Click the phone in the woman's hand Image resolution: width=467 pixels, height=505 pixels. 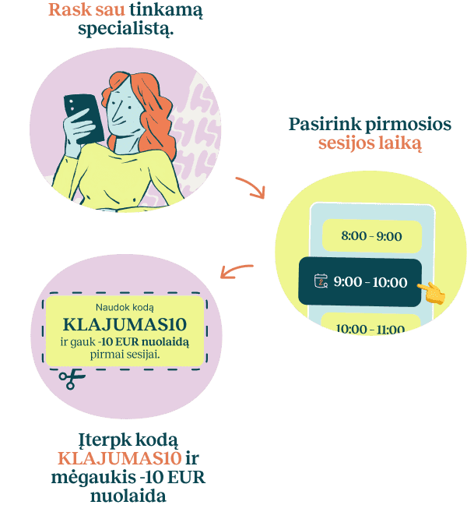click(x=83, y=118)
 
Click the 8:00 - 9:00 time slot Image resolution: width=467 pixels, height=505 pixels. click(x=372, y=236)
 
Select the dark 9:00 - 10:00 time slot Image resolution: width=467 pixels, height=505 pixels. click(x=360, y=282)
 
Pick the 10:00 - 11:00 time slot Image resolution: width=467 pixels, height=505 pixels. click(x=370, y=325)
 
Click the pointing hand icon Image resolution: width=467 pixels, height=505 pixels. click(x=432, y=293)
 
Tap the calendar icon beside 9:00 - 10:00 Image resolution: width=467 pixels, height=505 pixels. click(x=321, y=281)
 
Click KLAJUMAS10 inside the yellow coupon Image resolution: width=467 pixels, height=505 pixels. click(x=125, y=325)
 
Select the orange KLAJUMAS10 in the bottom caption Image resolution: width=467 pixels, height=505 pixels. click(x=120, y=458)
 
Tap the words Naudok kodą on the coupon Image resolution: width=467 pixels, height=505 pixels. click(x=125, y=308)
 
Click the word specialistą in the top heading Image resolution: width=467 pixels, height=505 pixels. click(x=126, y=30)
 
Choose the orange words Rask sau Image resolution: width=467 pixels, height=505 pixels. click(x=86, y=9)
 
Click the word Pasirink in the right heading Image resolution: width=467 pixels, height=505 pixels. click(x=325, y=125)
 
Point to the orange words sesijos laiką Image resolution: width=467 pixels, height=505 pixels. click(x=370, y=143)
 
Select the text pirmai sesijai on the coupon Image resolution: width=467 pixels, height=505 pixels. click(x=125, y=355)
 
